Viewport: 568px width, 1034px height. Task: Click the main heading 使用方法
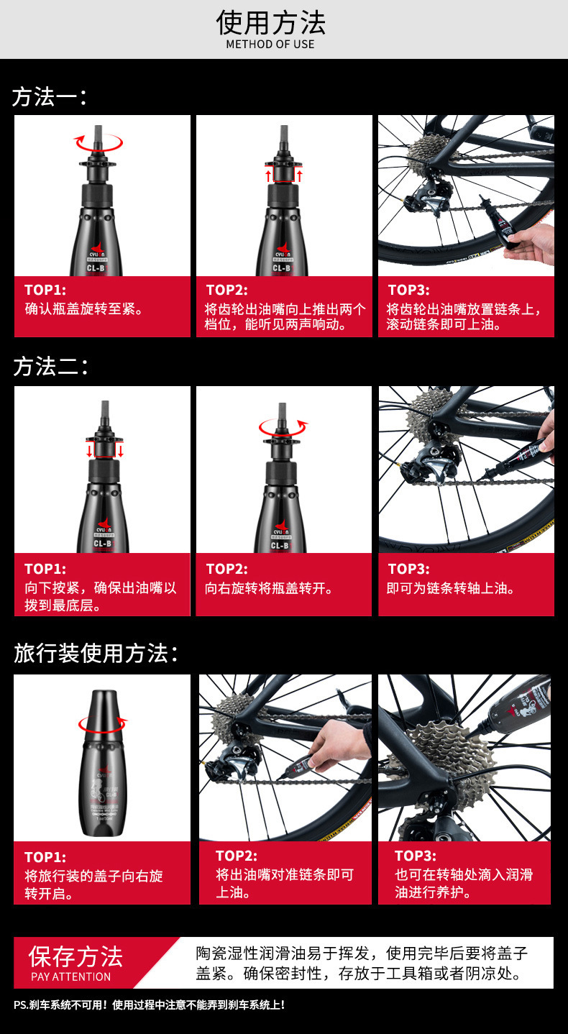[x=271, y=22]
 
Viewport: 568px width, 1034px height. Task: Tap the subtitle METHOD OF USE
[x=270, y=45]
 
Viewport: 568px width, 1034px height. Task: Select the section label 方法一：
[x=50, y=97]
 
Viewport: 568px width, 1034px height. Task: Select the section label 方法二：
[x=51, y=367]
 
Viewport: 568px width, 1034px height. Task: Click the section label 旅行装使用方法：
[x=96, y=653]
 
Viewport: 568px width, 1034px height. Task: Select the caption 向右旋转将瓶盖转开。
[x=269, y=588]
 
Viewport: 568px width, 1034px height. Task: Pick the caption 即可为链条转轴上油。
[x=451, y=588]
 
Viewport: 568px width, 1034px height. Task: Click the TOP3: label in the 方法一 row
[x=409, y=290]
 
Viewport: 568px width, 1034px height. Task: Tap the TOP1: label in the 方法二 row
[x=45, y=569]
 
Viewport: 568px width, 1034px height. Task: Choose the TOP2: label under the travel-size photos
[x=237, y=856]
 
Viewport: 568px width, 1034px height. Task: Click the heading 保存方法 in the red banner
[x=75, y=956]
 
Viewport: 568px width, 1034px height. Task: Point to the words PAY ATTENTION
[x=71, y=976]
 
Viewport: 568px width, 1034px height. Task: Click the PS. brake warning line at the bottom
[x=149, y=1005]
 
